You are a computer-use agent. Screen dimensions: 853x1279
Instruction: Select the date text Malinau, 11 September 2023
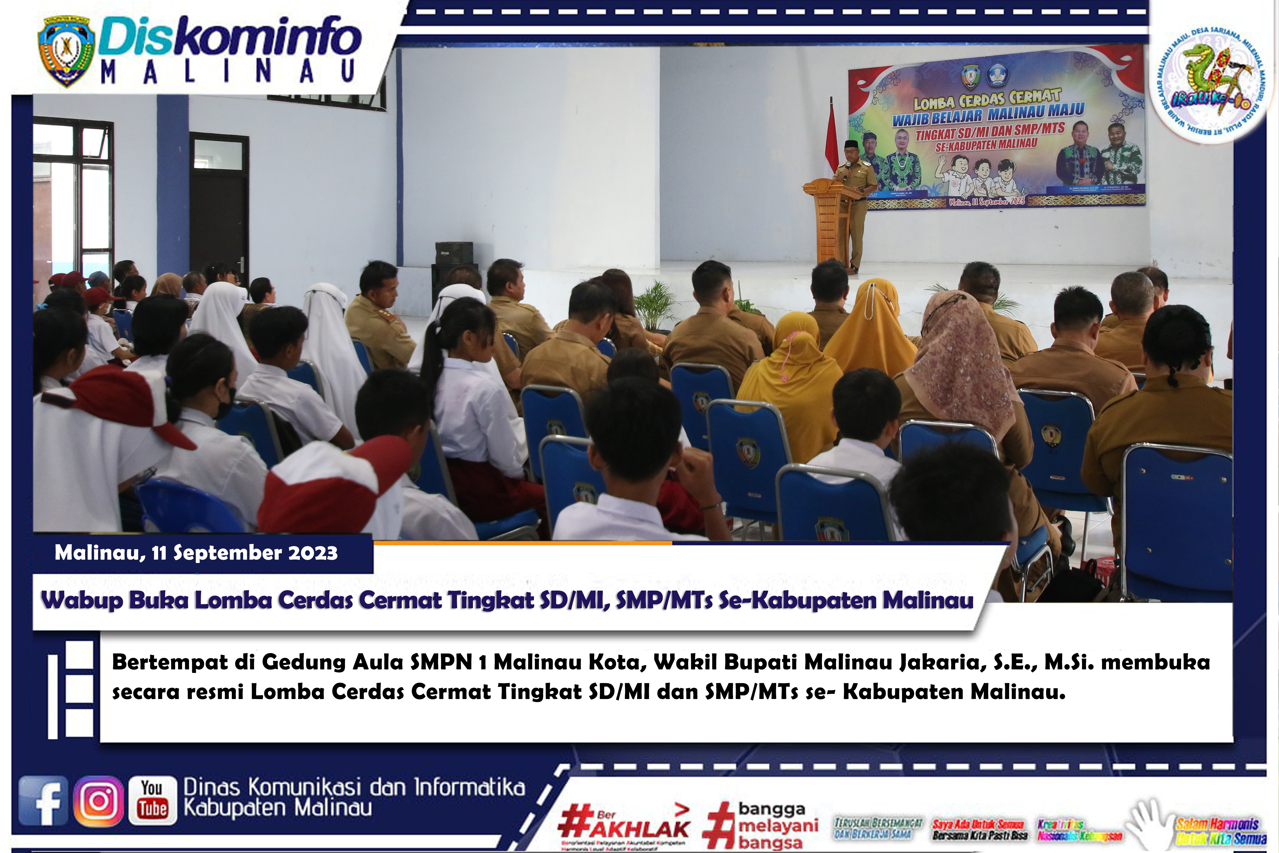(196, 553)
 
